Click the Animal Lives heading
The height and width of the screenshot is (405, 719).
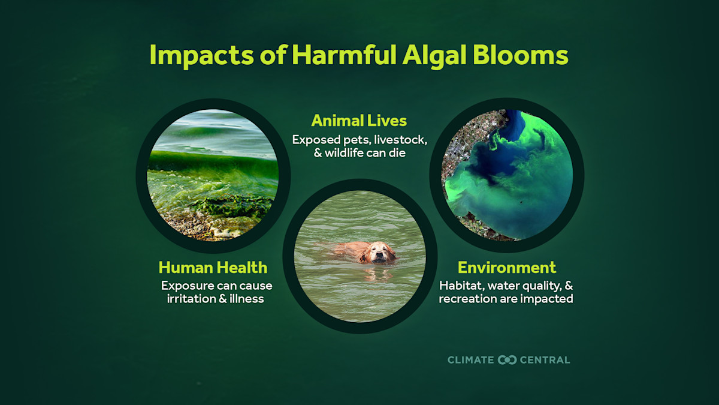pos(359,121)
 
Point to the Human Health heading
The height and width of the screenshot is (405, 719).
pos(213,267)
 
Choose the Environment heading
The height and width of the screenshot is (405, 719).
pos(506,267)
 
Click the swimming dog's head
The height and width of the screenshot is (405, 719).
pos(377,253)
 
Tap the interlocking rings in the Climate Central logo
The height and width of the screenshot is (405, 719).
pos(507,360)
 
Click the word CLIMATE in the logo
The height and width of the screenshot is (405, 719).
pos(471,360)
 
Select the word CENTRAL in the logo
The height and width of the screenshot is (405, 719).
pos(545,360)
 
